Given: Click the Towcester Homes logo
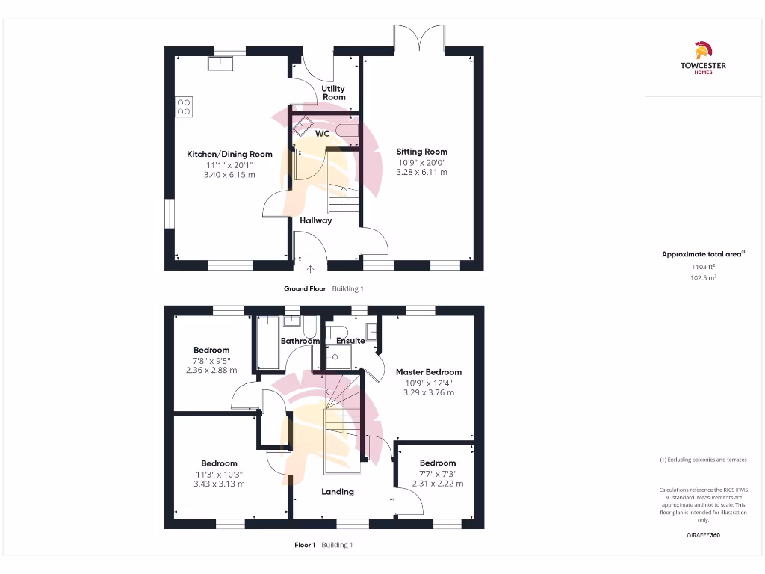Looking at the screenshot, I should coord(702,58).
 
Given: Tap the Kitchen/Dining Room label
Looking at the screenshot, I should coord(229,155).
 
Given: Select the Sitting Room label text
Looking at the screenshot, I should coord(421,152).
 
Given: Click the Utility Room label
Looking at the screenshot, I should coord(334,93).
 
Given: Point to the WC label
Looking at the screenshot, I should coord(323,134).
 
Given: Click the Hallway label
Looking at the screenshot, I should coord(316,220).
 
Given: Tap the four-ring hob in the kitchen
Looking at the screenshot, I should coord(184,107).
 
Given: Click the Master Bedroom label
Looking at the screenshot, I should coord(429,372).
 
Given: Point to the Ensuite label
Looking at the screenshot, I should coord(350,341).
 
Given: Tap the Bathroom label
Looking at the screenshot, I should coord(300,341).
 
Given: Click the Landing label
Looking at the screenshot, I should coord(338,492).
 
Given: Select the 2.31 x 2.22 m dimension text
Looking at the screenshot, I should coord(438,484).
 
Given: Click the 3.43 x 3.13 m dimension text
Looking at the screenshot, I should coord(219,484).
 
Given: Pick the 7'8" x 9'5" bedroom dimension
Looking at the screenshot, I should coord(211,360).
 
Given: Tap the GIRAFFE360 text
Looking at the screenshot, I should coord(702,535).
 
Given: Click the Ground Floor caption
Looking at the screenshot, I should coord(305,288).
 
